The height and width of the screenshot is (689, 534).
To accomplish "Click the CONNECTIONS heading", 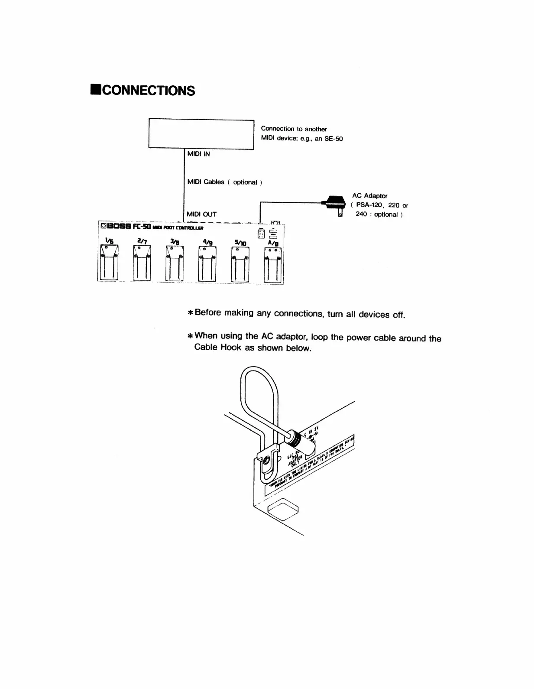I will pos(142,91).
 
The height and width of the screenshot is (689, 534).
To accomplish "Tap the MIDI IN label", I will pos(198,154).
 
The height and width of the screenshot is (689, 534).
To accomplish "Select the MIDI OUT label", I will pos(201,214).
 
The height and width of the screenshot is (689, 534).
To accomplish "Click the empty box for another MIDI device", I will pos(201,134).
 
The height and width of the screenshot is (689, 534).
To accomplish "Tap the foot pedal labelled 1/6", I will pos(109,263).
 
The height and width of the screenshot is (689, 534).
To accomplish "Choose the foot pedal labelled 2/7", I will pos(142,263).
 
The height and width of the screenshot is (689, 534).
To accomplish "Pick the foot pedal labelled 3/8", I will pos(175,263).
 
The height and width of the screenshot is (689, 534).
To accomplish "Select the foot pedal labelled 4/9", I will pos(207,263).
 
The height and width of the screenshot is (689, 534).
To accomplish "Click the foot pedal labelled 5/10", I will pos(239,263).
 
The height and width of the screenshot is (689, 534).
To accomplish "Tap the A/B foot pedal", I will pos(273,264).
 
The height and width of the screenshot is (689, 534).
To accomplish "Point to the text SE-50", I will pos(333,139).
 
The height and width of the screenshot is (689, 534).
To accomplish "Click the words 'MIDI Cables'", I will pos(206,182).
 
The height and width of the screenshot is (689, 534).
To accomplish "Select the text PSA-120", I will pos(369,205).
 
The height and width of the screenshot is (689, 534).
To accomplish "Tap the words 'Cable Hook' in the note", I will pos(218,347).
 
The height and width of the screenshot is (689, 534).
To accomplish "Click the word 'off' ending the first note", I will pos(398,315).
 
